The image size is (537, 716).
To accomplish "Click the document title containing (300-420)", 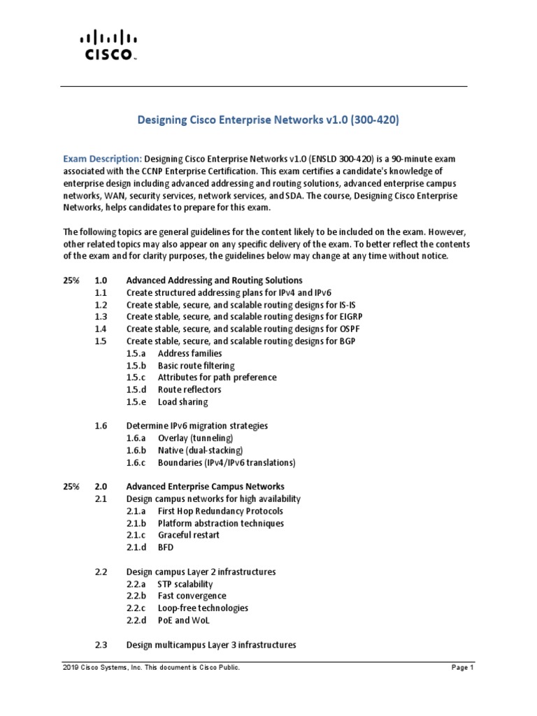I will coord(268,120).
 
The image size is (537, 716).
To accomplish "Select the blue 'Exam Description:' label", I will coord(102,159).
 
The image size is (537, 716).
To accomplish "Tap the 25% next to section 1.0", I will coord(71,280).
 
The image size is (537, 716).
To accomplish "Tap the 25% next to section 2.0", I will coord(71,487).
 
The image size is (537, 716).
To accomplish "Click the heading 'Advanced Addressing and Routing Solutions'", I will coord(214,280).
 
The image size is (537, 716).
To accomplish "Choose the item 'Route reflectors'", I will coord(189,389).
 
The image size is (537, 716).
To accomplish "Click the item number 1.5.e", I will coord(136,402).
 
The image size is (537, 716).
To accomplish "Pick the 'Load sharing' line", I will coord(182,402).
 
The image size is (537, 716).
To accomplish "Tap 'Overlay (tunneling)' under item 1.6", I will coord(199,438).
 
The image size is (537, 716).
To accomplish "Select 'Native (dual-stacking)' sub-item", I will coord(201,450).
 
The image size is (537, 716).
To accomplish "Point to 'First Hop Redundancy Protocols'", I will coord(221,511).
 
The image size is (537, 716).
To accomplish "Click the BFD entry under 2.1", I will coord(165,547).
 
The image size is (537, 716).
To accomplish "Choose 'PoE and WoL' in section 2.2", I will coord(183,620).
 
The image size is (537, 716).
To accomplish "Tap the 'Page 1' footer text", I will coord(462,668).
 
